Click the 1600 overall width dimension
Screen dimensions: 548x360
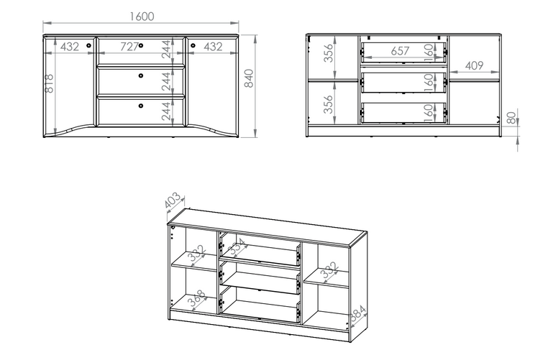(x=142, y=17)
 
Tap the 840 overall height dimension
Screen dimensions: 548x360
(x=249, y=78)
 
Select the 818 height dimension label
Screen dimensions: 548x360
(x=50, y=83)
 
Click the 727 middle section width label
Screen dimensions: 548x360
(x=129, y=47)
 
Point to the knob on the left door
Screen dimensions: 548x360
(x=88, y=45)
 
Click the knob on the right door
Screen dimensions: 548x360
(x=193, y=45)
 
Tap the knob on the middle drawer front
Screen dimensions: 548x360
(x=141, y=75)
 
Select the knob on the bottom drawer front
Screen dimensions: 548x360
(x=141, y=106)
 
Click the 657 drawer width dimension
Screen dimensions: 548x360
(x=400, y=51)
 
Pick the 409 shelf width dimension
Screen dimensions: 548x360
(x=474, y=65)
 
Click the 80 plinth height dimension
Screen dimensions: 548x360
(x=511, y=118)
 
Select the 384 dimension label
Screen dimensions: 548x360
(x=358, y=313)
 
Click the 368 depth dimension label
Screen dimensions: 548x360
(x=197, y=299)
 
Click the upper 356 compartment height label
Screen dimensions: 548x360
(x=328, y=53)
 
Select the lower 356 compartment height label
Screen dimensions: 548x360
(x=328, y=104)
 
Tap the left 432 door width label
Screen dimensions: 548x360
(x=70, y=47)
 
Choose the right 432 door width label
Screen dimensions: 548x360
(x=213, y=47)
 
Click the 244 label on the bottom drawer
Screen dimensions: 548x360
(x=166, y=111)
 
